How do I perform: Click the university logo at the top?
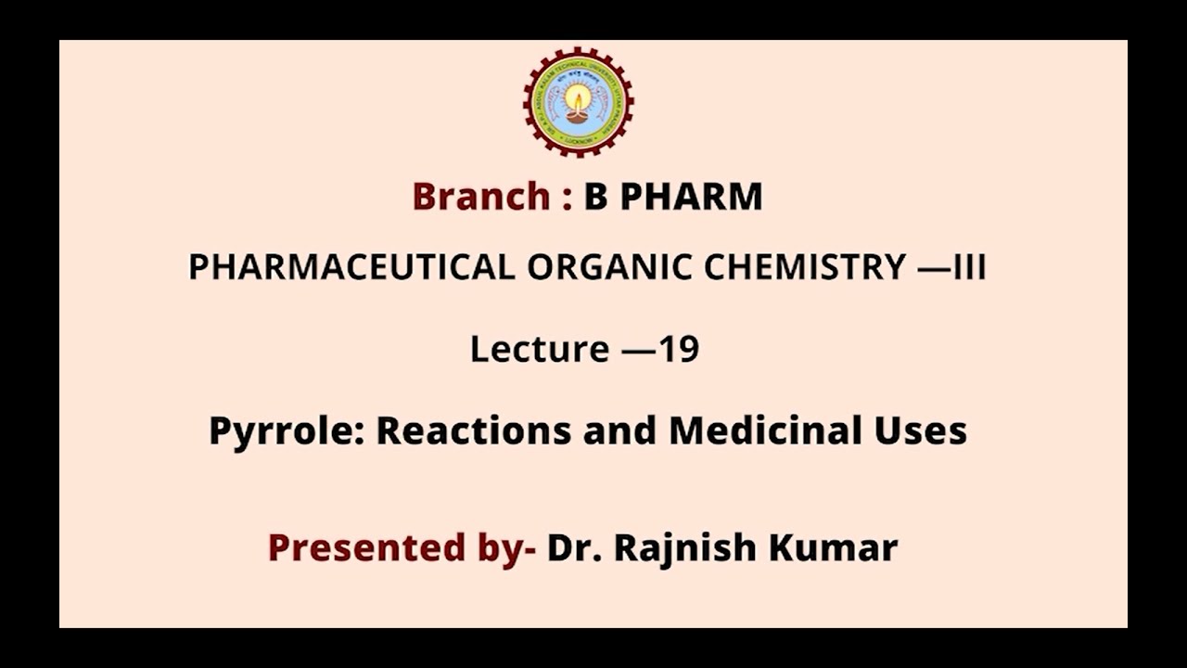[x=578, y=101]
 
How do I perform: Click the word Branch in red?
[x=480, y=197]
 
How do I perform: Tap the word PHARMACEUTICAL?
[x=351, y=267]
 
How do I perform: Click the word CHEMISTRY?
[x=804, y=267]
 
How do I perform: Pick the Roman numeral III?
[x=968, y=267]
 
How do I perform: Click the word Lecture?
[x=539, y=350]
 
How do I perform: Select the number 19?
[x=679, y=350]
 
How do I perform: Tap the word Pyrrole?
[x=286, y=431]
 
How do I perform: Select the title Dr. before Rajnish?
[x=574, y=547]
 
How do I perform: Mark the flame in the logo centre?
[x=577, y=96]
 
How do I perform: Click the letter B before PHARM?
[x=594, y=197]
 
